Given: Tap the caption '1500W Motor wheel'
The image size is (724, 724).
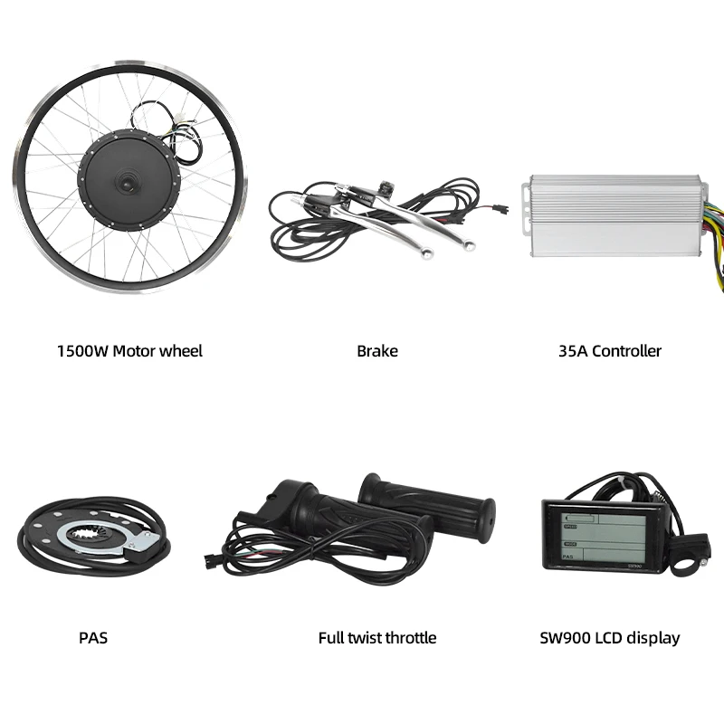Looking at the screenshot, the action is click(129, 351).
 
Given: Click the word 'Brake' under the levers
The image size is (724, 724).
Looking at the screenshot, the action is click(376, 351).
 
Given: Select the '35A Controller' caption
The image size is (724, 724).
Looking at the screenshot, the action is click(610, 351).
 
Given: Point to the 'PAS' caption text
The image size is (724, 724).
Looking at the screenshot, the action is click(93, 638).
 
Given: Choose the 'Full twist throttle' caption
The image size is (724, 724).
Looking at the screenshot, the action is click(376, 638).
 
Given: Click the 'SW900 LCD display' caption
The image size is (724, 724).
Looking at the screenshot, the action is click(609, 638).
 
